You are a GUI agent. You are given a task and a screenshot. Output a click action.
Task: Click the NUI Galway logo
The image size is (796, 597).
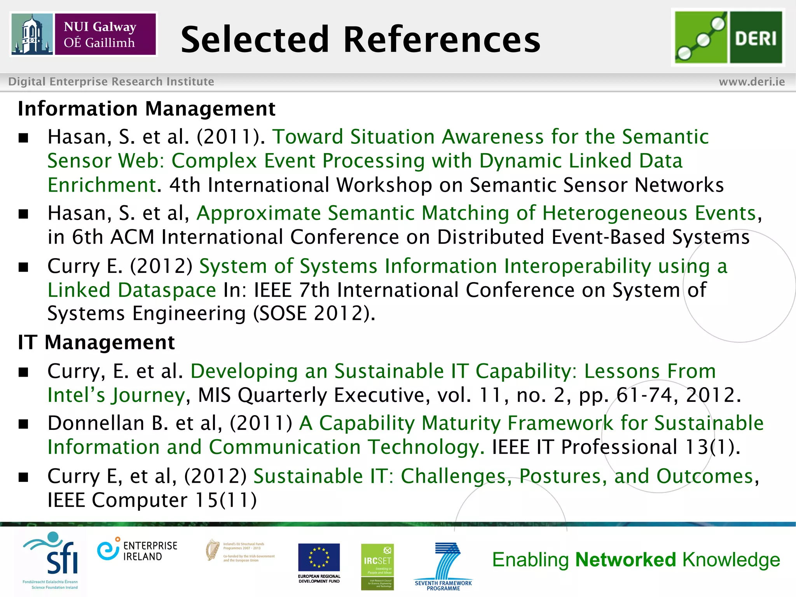[x=84, y=34]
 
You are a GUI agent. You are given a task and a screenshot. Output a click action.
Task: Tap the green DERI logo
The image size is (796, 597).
[x=728, y=37]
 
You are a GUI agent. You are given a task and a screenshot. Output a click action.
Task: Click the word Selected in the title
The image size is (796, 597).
[x=255, y=40]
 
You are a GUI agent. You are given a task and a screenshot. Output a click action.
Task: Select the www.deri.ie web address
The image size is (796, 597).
[x=752, y=82]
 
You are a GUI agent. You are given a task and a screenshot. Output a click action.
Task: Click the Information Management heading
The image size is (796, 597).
[x=147, y=109]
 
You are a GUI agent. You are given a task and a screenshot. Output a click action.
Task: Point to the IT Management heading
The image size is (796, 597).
[x=96, y=342]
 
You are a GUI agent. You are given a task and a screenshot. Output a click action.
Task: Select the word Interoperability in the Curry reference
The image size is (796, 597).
[x=577, y=266]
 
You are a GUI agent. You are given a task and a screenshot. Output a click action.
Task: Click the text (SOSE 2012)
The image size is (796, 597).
[x=314, y=313]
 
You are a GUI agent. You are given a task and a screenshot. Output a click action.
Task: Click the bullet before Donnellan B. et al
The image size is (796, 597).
[x=24, y=424]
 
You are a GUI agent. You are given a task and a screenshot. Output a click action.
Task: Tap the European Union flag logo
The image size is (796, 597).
[x=319, y=557]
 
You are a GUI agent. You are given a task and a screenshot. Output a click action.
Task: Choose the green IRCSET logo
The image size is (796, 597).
[x=377, y=566]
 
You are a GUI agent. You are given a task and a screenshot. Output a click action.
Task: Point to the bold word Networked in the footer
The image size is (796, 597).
[x=626, y=560]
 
